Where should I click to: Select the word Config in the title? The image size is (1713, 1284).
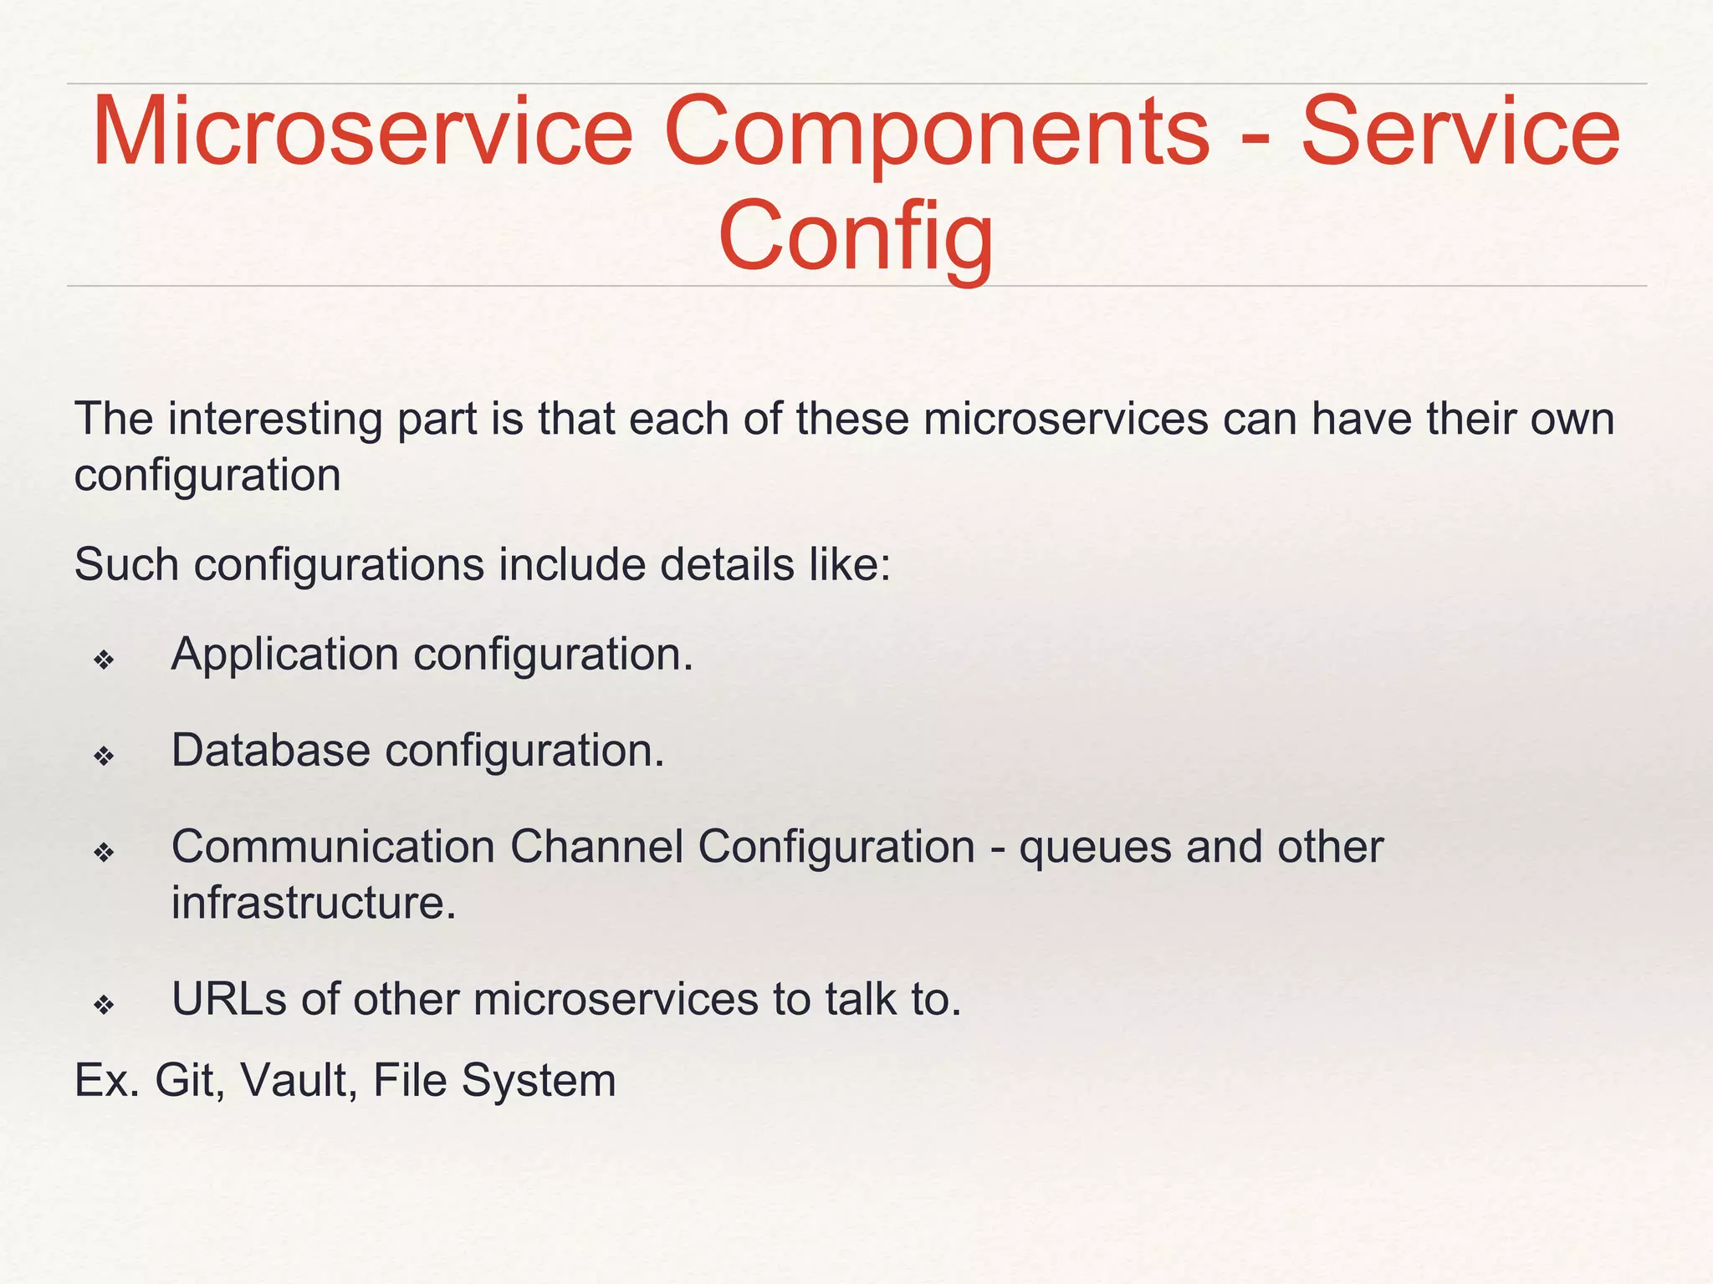coord(856,237)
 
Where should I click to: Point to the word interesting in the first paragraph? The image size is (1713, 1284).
coord(274,419)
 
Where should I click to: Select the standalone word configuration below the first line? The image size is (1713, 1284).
coord(207,476)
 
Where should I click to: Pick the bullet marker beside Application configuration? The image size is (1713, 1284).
coord(104,661)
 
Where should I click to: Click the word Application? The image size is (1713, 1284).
coord(284,655)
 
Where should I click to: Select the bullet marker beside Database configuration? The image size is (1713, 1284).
coord(104,757)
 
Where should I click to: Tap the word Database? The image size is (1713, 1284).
coord(270,750)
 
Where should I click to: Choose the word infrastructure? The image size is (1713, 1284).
coord(314,903)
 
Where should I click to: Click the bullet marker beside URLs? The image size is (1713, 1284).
coord(104,1005)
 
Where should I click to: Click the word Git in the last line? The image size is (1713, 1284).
coord(189,1080)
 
